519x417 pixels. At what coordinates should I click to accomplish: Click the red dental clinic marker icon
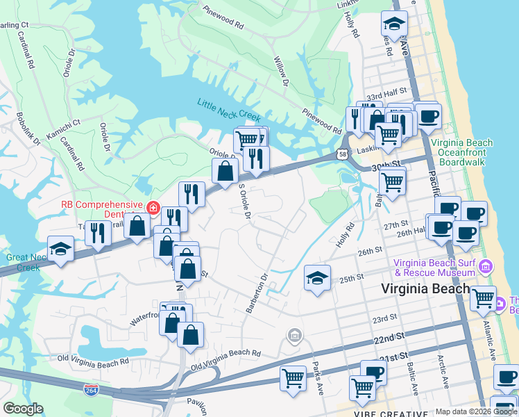[x=152, y=207]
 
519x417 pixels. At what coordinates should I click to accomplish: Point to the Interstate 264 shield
[x=90, y=390]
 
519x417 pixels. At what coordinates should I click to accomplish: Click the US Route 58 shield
[x=343, y=154]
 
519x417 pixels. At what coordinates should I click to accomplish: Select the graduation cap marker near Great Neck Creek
[x=61, y=249]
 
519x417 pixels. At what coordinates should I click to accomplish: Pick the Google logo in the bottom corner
[x=23, y=409]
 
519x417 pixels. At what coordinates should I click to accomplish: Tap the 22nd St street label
[x=389, y=338]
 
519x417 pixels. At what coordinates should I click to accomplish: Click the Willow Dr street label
[x=281, y=72]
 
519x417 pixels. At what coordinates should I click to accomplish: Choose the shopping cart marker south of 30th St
[x=392, y=182]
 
